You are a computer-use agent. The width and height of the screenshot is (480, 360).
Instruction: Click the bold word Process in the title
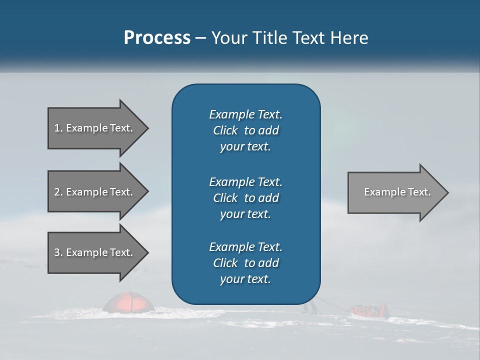pyautogui.click(x=157, y=38)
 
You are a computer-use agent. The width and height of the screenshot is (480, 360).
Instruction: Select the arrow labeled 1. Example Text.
pyautogui.click(x=95, y=128)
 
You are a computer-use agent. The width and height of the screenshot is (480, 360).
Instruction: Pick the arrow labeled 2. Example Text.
pyautogui.click(x=95, y=192)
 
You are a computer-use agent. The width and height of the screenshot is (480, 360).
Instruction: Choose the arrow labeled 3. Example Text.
pyautogui.click(x=95, y=252)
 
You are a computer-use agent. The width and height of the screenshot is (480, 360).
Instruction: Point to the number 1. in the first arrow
pyautogui.click(x=58, y=128)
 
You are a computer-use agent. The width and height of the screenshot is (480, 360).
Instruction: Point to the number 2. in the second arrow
pyautogui.click(x=58, y=192)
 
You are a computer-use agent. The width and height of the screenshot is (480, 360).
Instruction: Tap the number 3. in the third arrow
pyautogui.click(x=58, y=252)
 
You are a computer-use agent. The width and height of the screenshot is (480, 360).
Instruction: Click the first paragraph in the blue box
pyautogui.click(x=245, y=130)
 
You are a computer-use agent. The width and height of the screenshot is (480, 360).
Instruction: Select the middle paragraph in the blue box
pyautogui.click(x=245, y=198)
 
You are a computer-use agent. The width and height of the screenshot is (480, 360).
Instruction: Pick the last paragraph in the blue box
pyautogui.click(x=245, y=263)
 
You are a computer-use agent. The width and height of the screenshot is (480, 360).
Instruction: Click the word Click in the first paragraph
pyautogui.click(x=225, y=130)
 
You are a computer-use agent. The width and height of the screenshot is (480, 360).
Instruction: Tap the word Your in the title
pyautogui.click(x=227, y=38)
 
